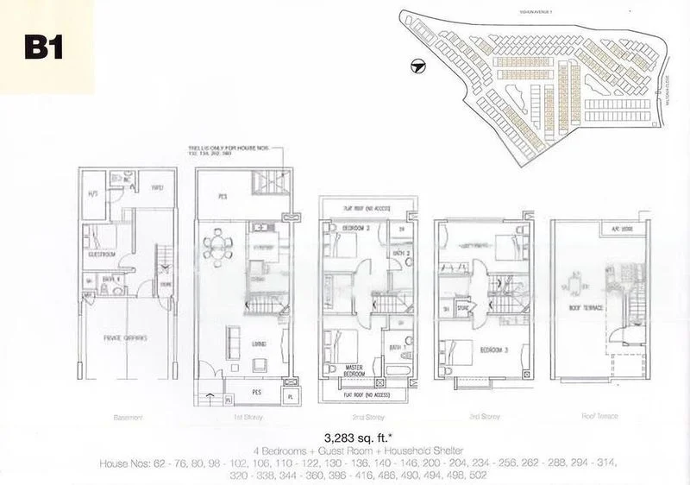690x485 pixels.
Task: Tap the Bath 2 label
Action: [x=397, y=252]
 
